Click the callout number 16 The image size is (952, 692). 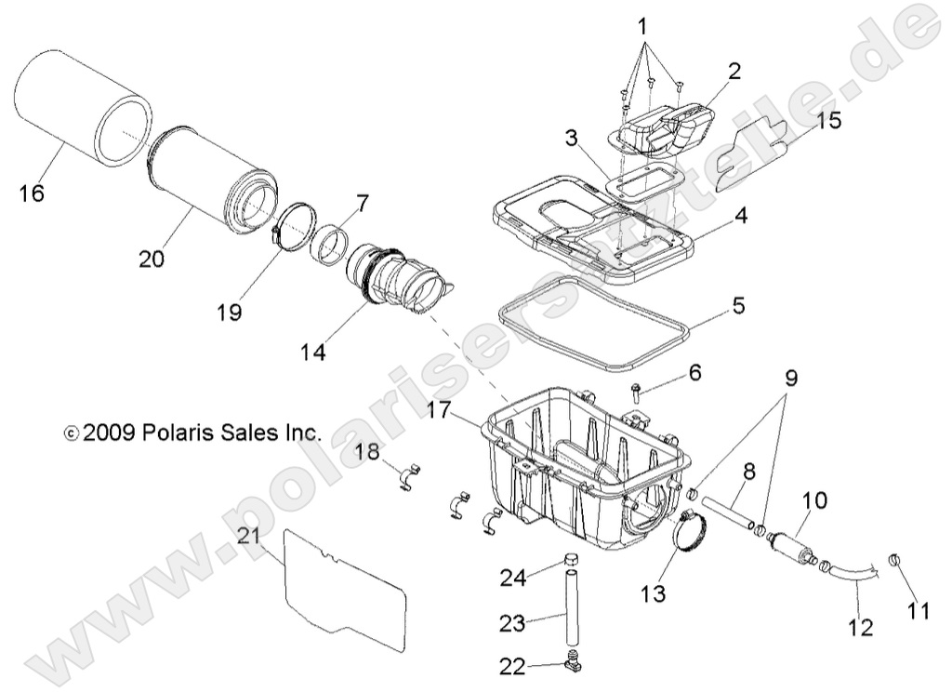pyautogui.click(x=31, y=193)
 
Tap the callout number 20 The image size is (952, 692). pyautogui.click(x=151, y=259)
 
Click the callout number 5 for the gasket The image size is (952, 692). pyautogui.click(x=738, y=305)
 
